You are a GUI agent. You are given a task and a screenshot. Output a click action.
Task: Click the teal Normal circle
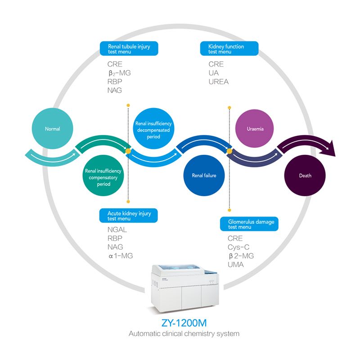click(52, 129)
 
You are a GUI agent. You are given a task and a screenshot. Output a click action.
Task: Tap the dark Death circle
click(305, 175)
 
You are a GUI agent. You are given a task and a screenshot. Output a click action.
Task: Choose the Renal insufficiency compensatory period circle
click(103, 177)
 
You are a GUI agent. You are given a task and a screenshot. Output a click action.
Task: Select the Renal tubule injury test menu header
click(128, 49)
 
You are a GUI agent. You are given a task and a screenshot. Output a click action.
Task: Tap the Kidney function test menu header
click(229, 49)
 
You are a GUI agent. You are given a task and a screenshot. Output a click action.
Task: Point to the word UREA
click(218, 82)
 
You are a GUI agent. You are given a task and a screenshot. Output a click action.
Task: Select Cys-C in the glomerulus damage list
click(238, 247)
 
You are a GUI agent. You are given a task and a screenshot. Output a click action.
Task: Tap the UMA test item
click(235, 265)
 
